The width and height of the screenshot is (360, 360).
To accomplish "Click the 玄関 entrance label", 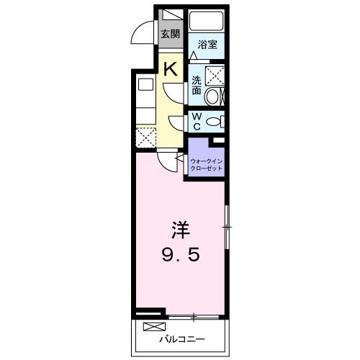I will point(169,33).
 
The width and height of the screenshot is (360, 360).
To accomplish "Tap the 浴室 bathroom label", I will point(207,45).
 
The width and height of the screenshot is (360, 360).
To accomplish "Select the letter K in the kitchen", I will point(171,69).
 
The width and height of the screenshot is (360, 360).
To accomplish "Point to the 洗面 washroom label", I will point(196,85).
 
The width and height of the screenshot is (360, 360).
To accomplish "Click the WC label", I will point(196,122).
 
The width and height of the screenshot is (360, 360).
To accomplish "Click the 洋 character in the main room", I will point(179,231).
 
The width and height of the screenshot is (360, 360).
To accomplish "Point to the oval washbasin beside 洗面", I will point(215,96).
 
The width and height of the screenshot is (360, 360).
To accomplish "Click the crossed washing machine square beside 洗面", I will point(215,75).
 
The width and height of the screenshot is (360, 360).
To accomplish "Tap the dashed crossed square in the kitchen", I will point(146,138).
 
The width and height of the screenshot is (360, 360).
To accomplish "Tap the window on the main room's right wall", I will point(227,228).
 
